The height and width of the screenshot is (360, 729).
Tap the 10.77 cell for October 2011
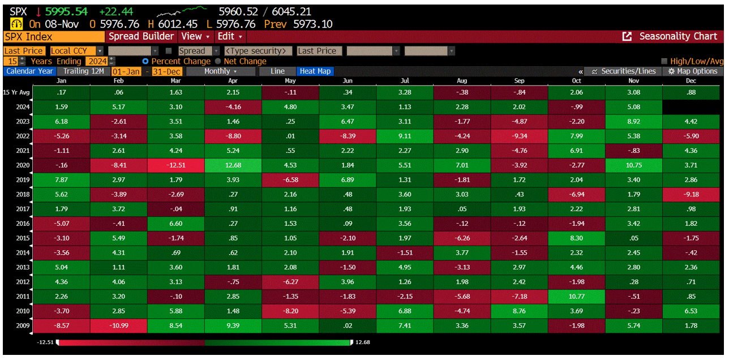click(x=576, y=297)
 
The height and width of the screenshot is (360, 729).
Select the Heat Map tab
click(x=315, y=71)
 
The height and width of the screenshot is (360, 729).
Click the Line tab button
click(x=277, y=71)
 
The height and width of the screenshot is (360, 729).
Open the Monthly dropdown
click(x=221, y=71)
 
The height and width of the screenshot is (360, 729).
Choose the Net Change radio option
click(x=218, y=61)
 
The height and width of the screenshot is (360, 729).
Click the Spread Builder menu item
click(x=141, y=36)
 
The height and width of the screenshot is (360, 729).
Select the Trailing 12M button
click(x=83, y=71)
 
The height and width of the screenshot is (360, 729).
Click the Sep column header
click(x=519, y=81)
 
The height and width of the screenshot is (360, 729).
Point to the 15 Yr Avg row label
click(x=17, y=92)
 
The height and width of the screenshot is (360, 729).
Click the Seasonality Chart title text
click(x=677, y=36)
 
